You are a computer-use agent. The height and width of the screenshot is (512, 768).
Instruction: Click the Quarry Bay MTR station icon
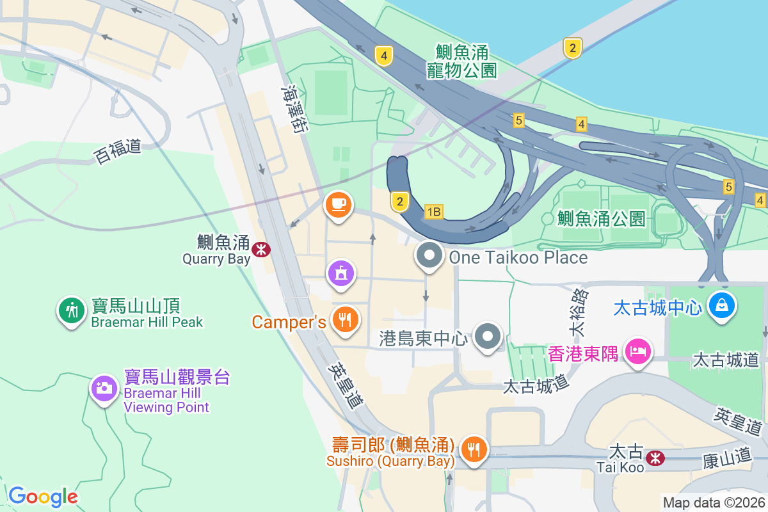pyautogui.click(x=261, y=249)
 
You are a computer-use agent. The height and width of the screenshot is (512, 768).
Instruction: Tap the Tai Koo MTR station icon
pyautogui.click(x=655, y=458)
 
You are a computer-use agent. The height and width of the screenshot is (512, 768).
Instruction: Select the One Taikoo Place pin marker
pyautogui.click(x=429, y=256)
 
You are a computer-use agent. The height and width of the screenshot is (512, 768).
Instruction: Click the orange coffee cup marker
pyautogui.click(x=338, y=205)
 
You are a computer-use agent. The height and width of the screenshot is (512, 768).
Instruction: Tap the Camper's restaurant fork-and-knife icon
pyautogui.click(x=346, y=319)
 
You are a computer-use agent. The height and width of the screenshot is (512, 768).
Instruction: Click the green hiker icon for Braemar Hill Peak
pyautogui.click(x=72, y=311)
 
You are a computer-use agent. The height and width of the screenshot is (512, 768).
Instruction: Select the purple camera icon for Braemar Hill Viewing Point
pyautogui.click(x=103, y=387)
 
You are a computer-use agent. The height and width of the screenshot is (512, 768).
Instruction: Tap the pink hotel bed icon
pyautogui.click(x=638, y=351)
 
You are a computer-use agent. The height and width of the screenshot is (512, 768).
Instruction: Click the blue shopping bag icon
pyautogui.click(x=722, y=305)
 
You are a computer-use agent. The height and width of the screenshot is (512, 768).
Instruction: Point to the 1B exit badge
pyautogui.click(x=433, y=211)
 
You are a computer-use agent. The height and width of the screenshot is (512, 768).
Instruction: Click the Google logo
pyautogui.click(x=43, y=496)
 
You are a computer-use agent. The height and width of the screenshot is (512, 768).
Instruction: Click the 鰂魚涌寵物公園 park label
pyautogui.click(x=461, y=61)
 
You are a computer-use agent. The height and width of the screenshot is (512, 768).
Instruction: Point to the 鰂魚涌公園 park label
pyautogui.click(x=601, y=219)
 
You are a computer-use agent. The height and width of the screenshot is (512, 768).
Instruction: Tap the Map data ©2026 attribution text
pyautogui.click(x=714, y=502)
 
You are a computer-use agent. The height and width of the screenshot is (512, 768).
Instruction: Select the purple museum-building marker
pyautogui.click(x=341, y=273)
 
